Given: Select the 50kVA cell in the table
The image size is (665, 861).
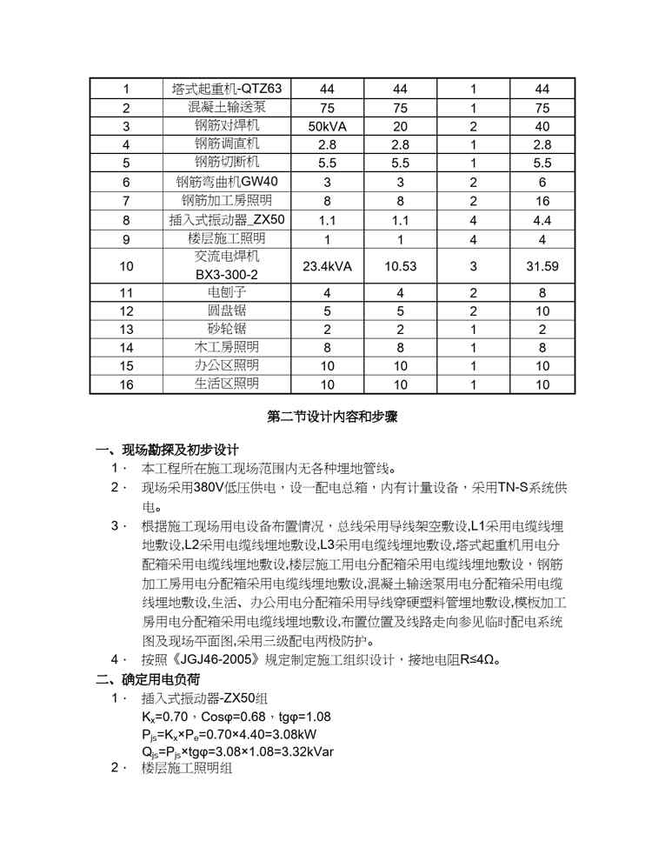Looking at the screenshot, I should [327, 126].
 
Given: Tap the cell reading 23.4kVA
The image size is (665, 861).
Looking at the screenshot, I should [327, 266].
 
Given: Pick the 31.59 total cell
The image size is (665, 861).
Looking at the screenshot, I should [542, 266].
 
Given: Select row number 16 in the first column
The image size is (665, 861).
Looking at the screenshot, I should [127, 384].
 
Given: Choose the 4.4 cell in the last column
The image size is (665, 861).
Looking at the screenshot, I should [542, 220].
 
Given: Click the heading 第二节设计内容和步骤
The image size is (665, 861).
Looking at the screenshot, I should [332, 417].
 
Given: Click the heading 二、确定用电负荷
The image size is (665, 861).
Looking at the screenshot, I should [148, 678].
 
